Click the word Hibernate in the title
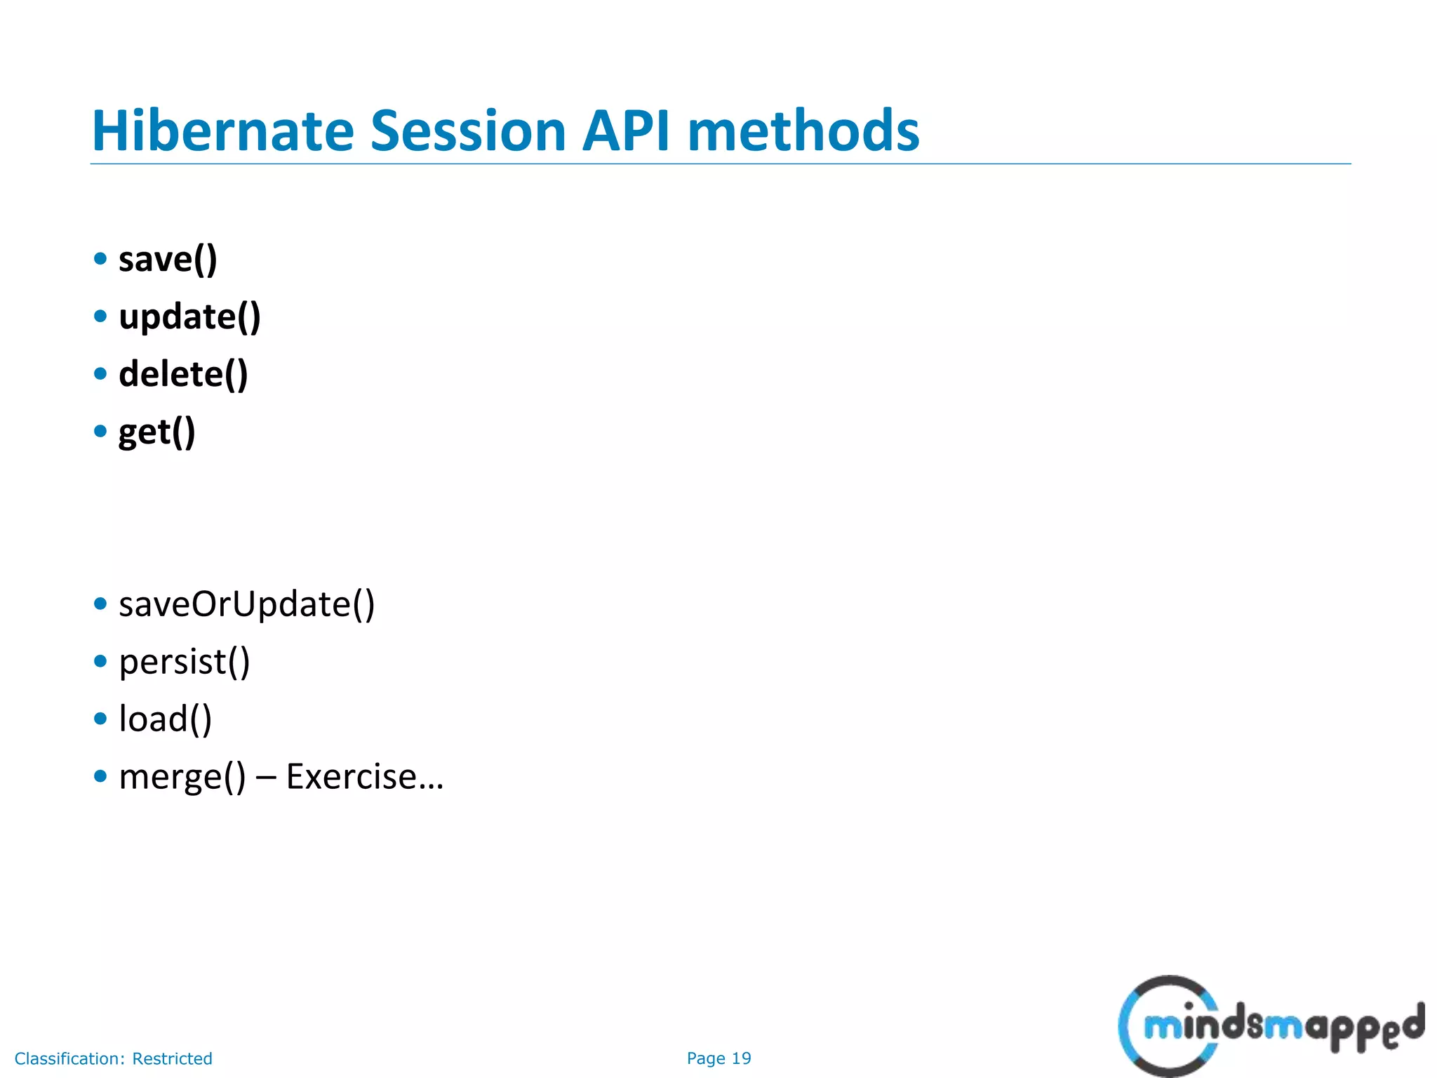pyautogui.click(x=223, y=131)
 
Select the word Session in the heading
pyautogui.click(x=467, y=131)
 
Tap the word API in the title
pyautogui.click(x=626, y=131)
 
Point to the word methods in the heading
pyautogui.click(x=803, y=131)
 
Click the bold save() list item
pyautogui.click(x=168, y=260)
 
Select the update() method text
pyautogui.click(x=189, y=317)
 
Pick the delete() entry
pyautogui.click(x=183, y=375)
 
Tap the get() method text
pyautogui.click(x=156, y=432)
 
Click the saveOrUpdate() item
pyautogui.click(x=246, y=604)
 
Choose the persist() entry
pyautogui.click(x=184, y=662)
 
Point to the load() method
pyautogui.click(x=165, y=719)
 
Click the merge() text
pyautogui.click(x=182, y=777)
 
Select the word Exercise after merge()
pyautogui.click(x=352, y=777)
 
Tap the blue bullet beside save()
pyautogui.click(x=100, y=258)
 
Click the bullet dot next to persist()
pyautogui.click(x=100, y=661)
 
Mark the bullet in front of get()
pyautogui.click(x=100, y=431)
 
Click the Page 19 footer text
pyautogui.click(x=718, y=1058)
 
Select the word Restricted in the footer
pyautogui.click(x=172, y=1058)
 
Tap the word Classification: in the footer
pyautogui.click(x=70, y=1058)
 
